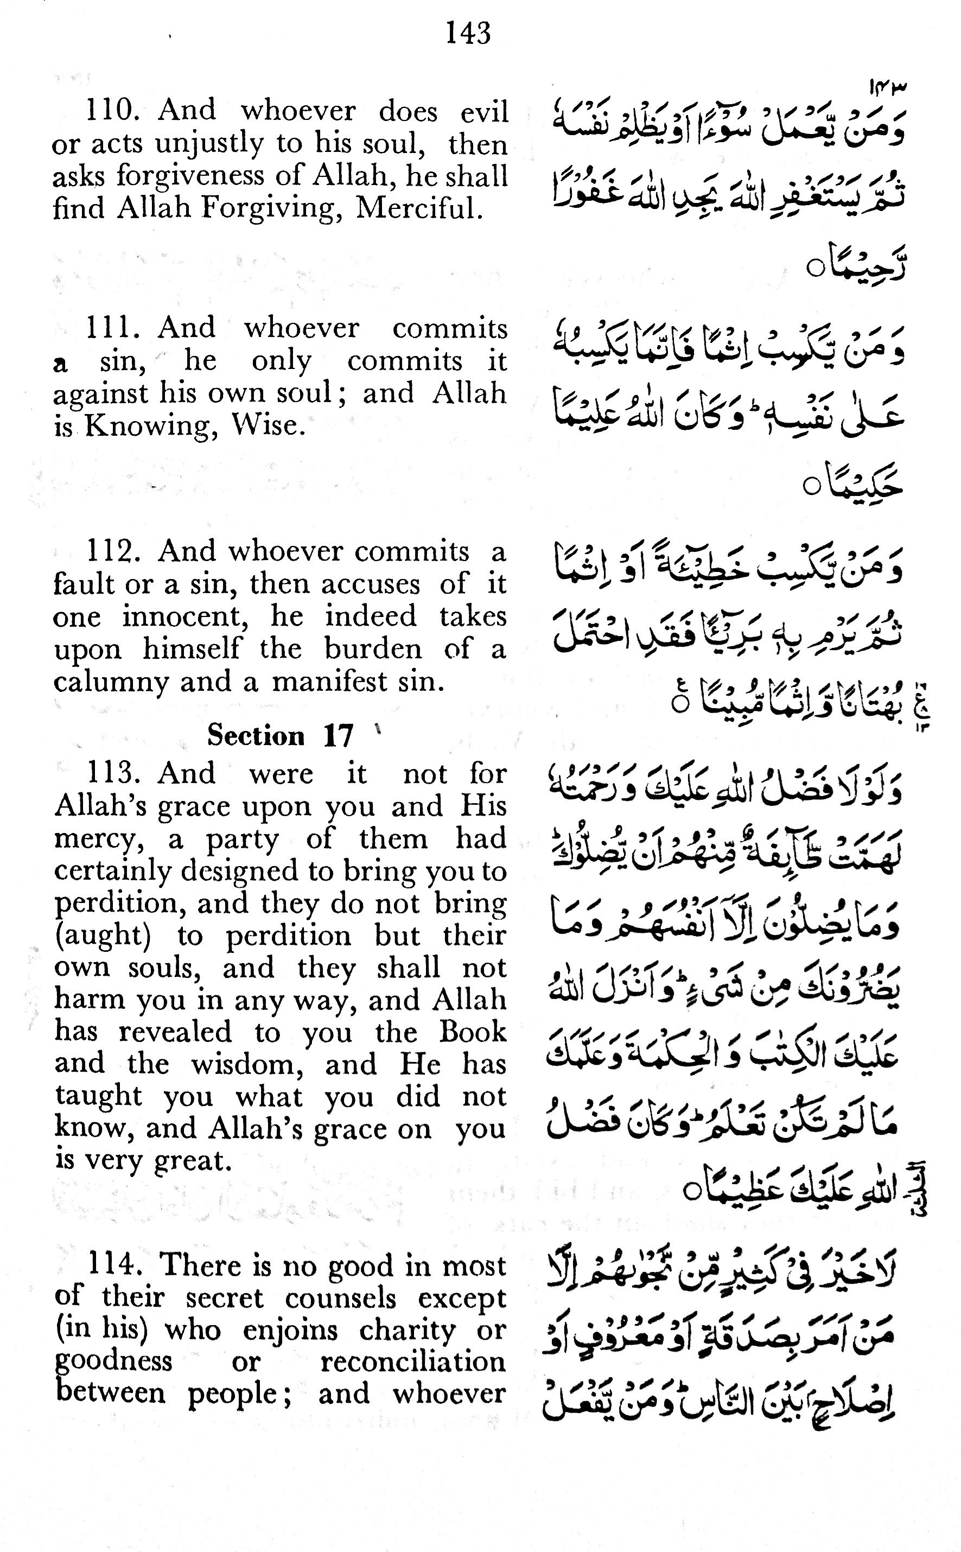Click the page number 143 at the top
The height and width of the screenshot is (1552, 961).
point(468,33)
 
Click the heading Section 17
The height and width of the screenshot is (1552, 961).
point(279,735)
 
